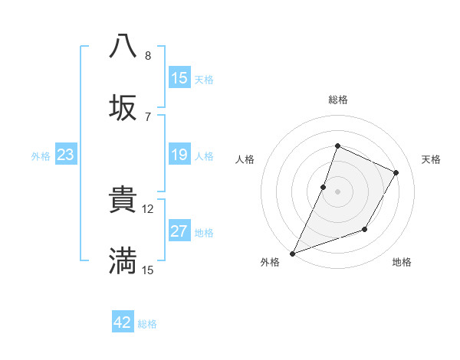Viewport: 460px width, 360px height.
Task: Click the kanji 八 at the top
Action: coord(123,45)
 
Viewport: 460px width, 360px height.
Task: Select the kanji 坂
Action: coord(123,108)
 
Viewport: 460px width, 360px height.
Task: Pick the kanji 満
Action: coord(123,261)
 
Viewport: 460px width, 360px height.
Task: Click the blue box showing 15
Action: coord(179,78)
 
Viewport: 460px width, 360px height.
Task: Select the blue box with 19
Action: coord(179,155)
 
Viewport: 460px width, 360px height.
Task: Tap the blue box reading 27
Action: coord(179,231)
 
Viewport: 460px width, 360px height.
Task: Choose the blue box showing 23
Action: coord(66,155)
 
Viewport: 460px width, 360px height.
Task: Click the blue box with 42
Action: coord(123,322)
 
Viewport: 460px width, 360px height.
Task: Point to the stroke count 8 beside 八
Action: coord(148,56)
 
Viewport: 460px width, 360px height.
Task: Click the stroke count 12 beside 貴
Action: coord(148,208)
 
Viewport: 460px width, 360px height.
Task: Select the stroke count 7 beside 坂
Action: coord(148,116)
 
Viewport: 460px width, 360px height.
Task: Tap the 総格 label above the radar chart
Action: coord(338,100)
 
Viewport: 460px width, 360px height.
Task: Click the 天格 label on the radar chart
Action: coord(431,159)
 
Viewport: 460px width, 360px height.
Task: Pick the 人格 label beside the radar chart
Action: coord(245,159)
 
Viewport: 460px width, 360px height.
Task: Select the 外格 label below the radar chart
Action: coord(270,262)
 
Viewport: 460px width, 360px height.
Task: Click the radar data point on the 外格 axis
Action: coord(293,253)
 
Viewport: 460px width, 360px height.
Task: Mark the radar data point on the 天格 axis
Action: coord(396,173)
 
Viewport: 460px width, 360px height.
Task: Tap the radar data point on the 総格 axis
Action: coord(337,146)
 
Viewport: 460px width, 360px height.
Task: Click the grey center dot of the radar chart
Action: coord(337,191)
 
